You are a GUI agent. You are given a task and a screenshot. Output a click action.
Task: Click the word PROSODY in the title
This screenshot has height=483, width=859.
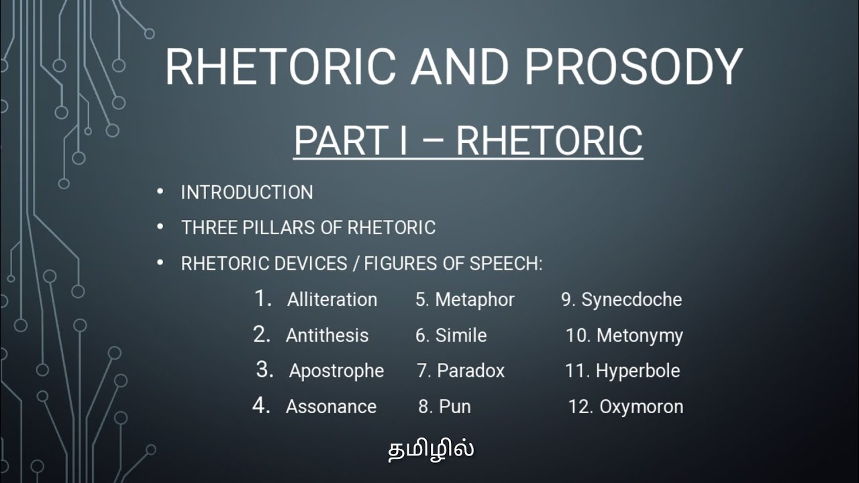click(634, 67)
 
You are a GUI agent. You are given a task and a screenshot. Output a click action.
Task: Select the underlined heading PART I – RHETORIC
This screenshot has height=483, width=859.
click(468, 141)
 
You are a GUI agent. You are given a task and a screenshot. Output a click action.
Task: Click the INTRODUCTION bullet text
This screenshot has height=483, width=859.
click(247, 193)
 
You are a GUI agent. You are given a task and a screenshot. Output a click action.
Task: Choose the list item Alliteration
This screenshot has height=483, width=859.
click(332, 300)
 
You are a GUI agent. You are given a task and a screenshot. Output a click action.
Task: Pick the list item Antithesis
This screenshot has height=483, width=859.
click(327, 335)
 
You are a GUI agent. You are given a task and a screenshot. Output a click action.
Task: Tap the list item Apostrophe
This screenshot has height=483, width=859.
click(336, 371)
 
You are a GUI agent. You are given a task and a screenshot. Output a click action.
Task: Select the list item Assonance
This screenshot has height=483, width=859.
click(331, 407)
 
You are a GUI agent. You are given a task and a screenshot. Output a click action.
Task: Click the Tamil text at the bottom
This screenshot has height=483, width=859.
click(431, 449)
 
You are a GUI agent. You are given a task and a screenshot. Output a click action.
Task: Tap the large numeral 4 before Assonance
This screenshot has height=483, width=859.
click(260, 405)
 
